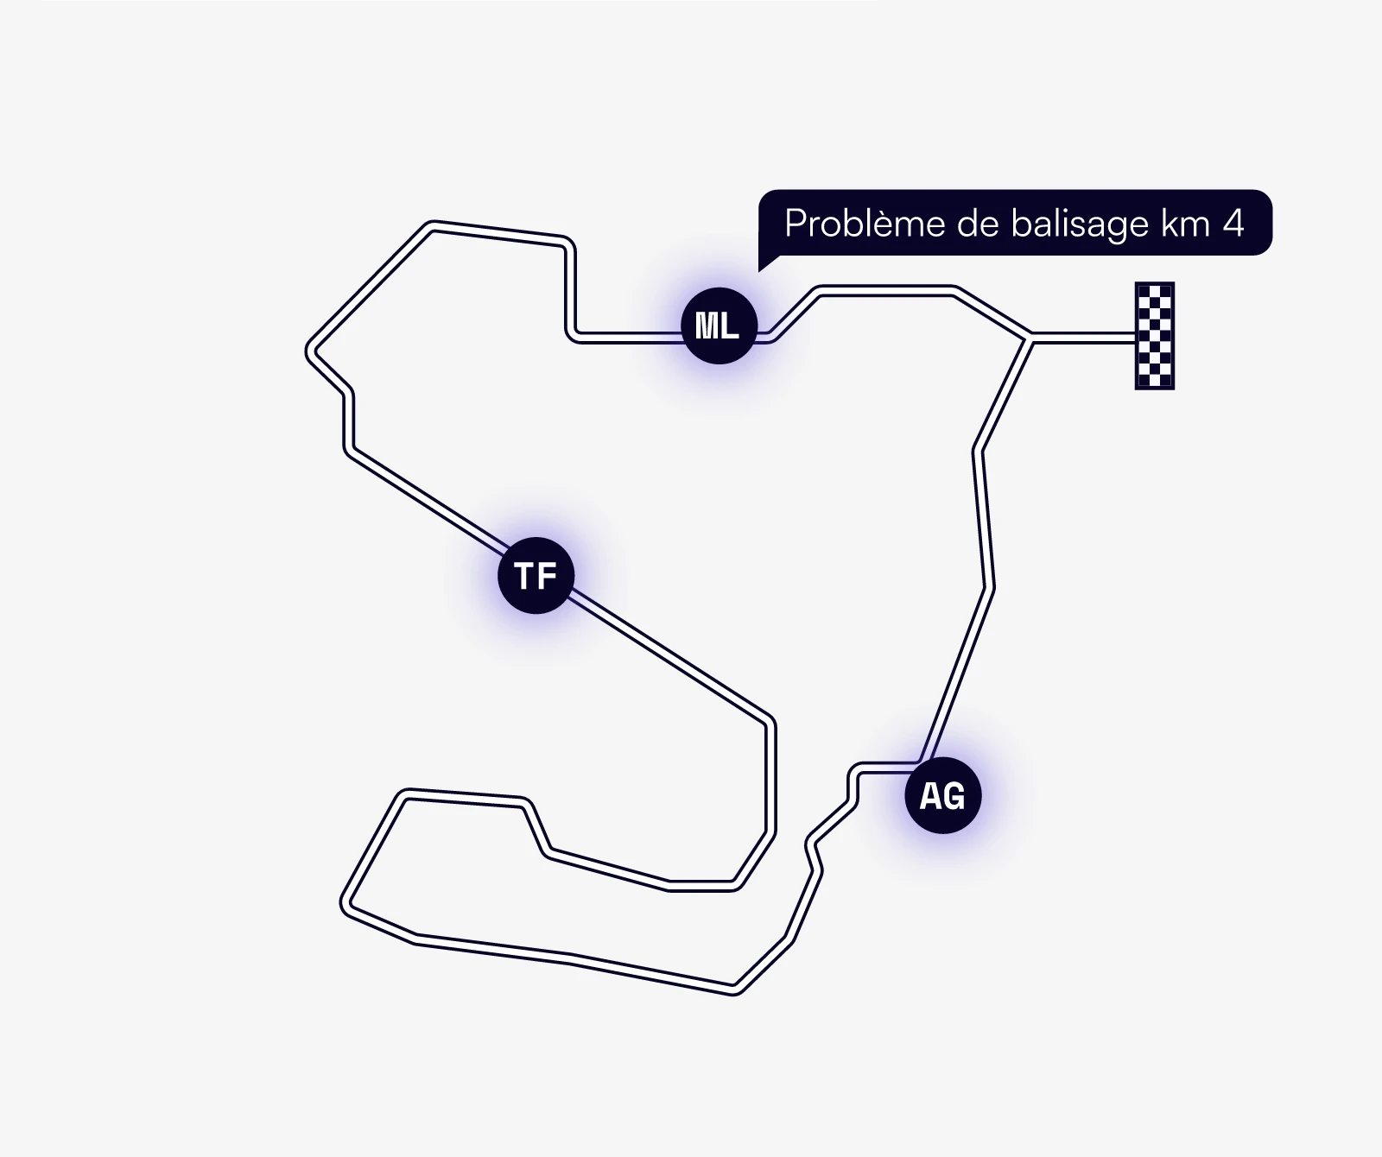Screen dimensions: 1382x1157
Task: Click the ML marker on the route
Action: pos(719,326)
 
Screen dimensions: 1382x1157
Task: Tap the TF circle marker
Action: pos(536,575)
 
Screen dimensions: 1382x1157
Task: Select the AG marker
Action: pos(942,795)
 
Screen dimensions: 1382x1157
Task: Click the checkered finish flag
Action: pos(1154,336)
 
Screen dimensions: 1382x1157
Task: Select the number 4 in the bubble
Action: pos(1233,224)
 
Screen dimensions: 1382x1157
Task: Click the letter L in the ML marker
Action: pos(731,326)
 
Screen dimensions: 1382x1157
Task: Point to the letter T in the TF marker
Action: pos(524,576)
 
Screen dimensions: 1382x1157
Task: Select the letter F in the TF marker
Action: pos(548,576)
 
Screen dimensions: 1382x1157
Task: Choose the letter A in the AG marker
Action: pos(930,796)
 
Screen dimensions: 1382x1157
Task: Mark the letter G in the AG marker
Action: pos(954,796)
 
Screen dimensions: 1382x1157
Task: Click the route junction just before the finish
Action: pos(1030,337)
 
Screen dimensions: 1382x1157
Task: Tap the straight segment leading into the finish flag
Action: pos(1082,337)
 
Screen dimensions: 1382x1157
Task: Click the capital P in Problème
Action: pos(795,224)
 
